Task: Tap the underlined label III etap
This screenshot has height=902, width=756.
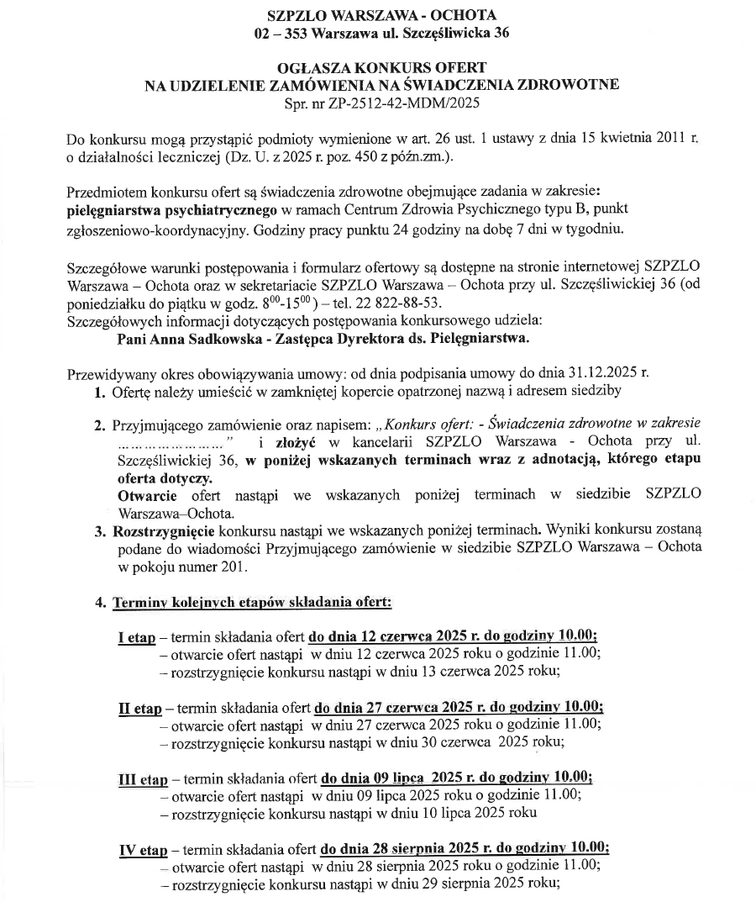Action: click(143, 778)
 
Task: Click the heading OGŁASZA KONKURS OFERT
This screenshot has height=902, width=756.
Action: click(381, 66)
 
